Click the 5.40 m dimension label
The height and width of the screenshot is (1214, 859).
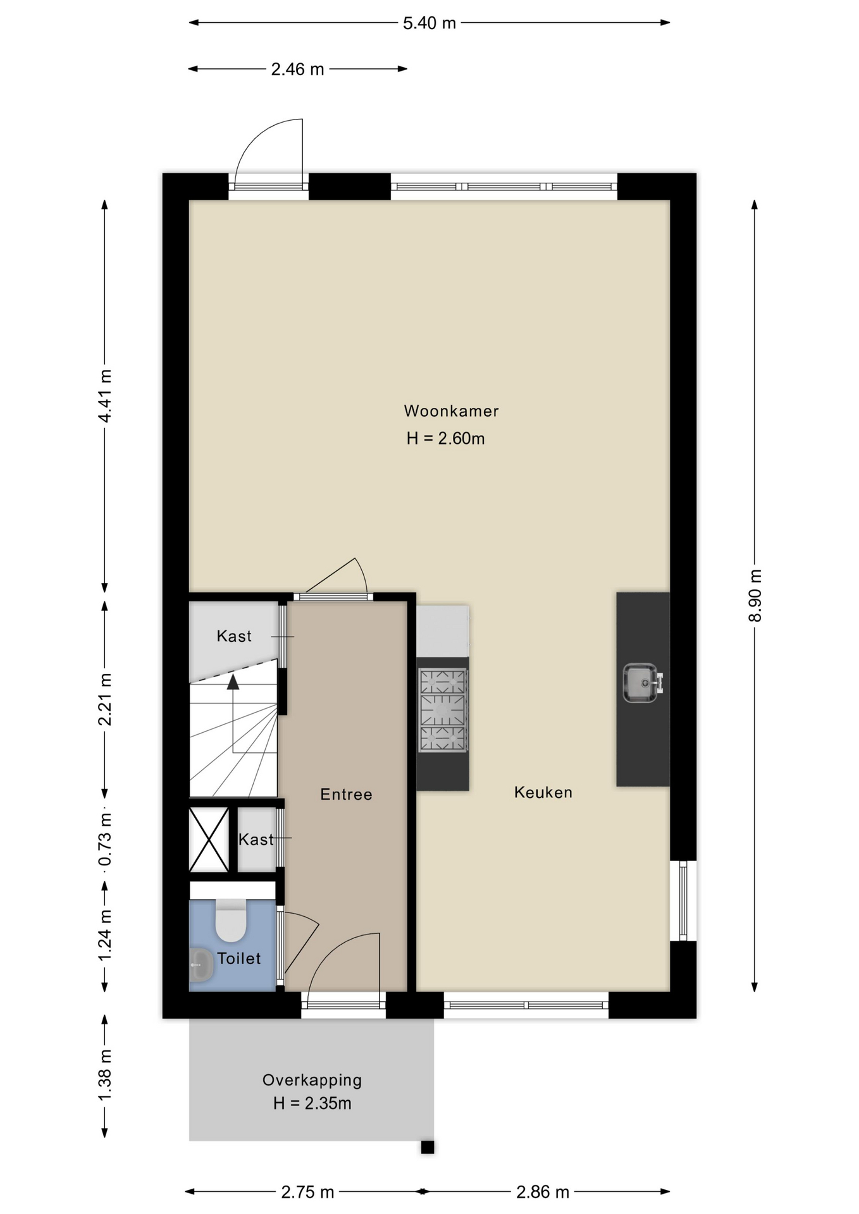pyautogui.click(x=429, y=23)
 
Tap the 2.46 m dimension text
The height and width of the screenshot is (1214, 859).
pyautogui.click(x=297, y=70)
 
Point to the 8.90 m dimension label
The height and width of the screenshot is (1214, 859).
pyautogui.click(x=755, y=596)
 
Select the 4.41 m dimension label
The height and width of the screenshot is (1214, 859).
pyautogui.click(x=105, y=396)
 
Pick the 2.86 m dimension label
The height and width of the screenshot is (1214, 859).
pyautogui.click(x=543, y=1193)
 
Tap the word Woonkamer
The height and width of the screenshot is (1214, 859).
pyautogui.click(x=452, y=411)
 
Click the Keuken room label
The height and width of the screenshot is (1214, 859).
pyautogui.click(x=543, y=792)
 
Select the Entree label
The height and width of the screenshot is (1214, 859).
pyautogui.click(x=346, y=794)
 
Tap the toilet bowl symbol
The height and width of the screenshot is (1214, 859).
pyautogui.click(x=231, y=921)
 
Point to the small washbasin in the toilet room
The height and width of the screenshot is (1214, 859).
pyautogui.click(x=201, y=966)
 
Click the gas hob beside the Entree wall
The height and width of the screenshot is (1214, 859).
pyautogui.click(x=443, y=710)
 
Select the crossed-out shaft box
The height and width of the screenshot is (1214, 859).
pyautogui.click(x=209, y=840)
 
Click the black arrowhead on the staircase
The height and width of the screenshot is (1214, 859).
pyautogui.click(x=233, y=682)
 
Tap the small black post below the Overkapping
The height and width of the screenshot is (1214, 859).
pyautogui.click(x=428, y=1147)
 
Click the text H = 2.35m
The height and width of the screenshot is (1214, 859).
pyautogui.click(x=312, y=1104)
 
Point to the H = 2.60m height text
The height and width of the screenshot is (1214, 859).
pyautogui.click(x=446, y=439)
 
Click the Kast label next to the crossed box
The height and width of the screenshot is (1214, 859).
pyautogui.click(x=256, y=840)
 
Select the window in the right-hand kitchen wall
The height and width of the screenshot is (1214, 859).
pyautogui.click(x=683, y=901)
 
